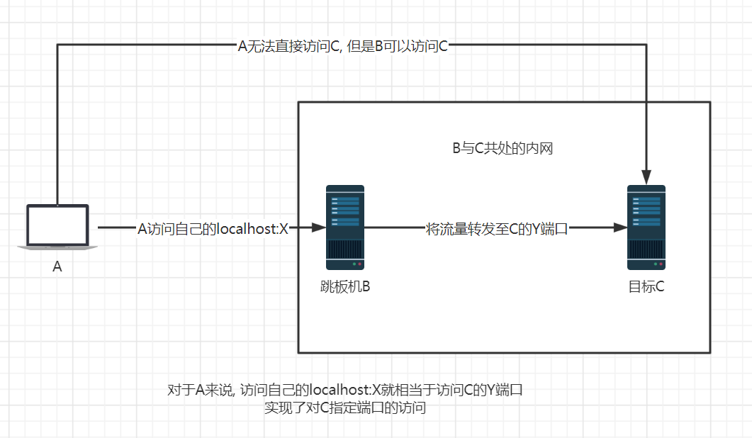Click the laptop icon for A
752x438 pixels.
click(57, 226)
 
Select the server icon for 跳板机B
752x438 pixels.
click(345, 228)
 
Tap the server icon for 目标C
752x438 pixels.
click(646, 228)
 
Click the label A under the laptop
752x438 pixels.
click(57, 267)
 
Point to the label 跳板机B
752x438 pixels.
click(345, 287)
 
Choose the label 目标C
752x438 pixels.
click(646, 287)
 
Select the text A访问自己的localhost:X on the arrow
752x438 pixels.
click(213, 228)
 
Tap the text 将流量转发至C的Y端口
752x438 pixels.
click(497, 228)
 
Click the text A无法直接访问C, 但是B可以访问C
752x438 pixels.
click(342, 46)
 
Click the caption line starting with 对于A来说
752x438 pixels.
click(345, 391)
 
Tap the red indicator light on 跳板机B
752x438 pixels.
click(360, 264)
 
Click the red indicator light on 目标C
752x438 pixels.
click(661, 264)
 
